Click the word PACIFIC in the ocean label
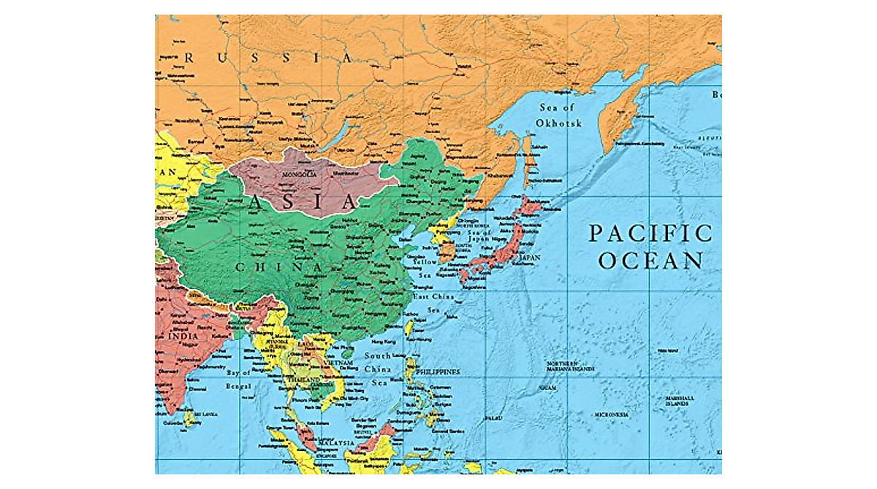(x=650, y=234)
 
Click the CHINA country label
(x=278, y=268)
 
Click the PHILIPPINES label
(x=438, y=372)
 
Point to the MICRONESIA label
(x=611, y=415)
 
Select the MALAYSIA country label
(x=335, y=443)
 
